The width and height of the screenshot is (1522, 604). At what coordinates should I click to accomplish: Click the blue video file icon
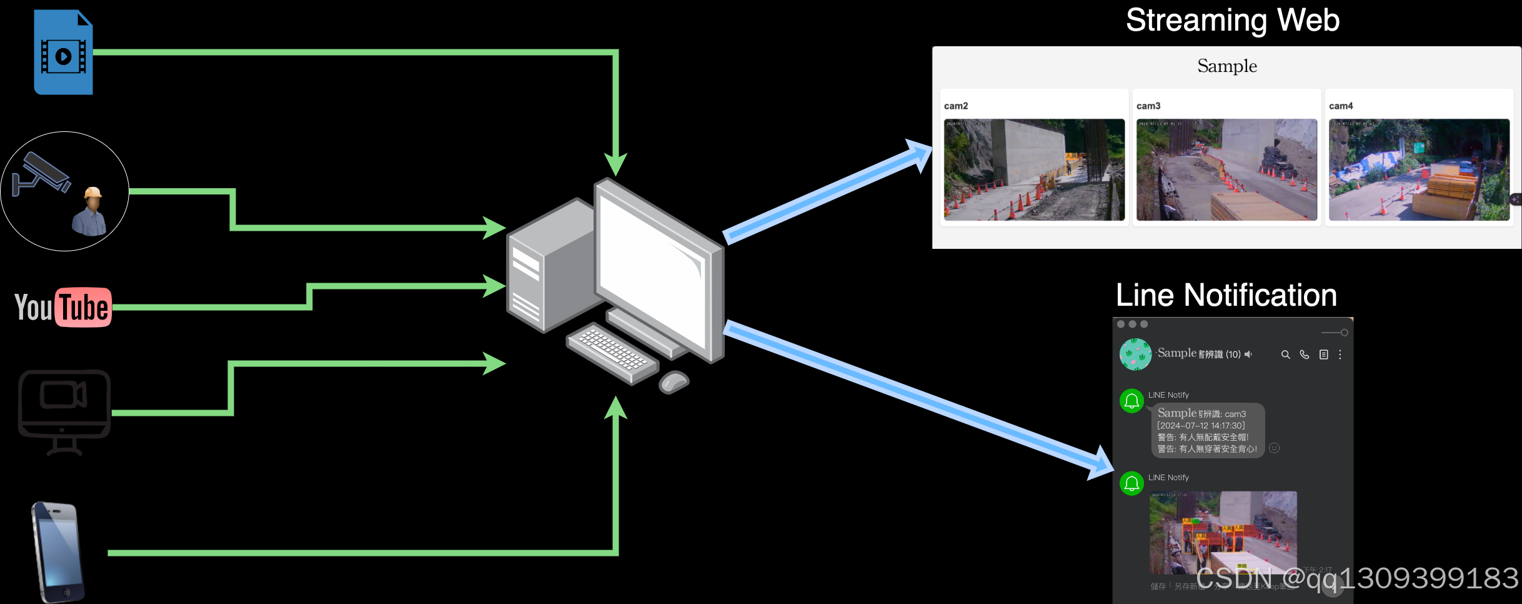[63, 53]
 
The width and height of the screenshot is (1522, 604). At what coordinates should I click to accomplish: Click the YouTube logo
[63, 307]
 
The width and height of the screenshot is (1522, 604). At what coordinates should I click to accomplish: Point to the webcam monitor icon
[64, 411]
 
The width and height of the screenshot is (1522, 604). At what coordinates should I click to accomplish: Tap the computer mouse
[674, 381]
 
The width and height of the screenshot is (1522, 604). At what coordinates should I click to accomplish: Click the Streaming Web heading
[1232, 21]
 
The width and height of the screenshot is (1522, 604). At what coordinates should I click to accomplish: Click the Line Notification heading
[1226, 295]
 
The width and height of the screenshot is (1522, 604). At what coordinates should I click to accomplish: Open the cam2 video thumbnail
[1034, 169]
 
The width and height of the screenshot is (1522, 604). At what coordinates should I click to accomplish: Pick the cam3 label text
[1148, 106]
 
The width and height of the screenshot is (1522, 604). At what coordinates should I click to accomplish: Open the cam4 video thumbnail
[1419, 169]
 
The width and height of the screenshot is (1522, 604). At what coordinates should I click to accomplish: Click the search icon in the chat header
[1285, 355]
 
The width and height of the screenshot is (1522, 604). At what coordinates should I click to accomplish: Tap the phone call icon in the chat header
[1305, 355]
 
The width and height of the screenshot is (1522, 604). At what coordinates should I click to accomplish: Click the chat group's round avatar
[1135, 355]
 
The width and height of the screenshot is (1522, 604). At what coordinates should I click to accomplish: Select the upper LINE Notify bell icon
[1132, 401]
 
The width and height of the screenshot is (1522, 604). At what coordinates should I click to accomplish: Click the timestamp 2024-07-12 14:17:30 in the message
[1201, 426]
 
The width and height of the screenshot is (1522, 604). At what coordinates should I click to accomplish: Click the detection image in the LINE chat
[1223, 532]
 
